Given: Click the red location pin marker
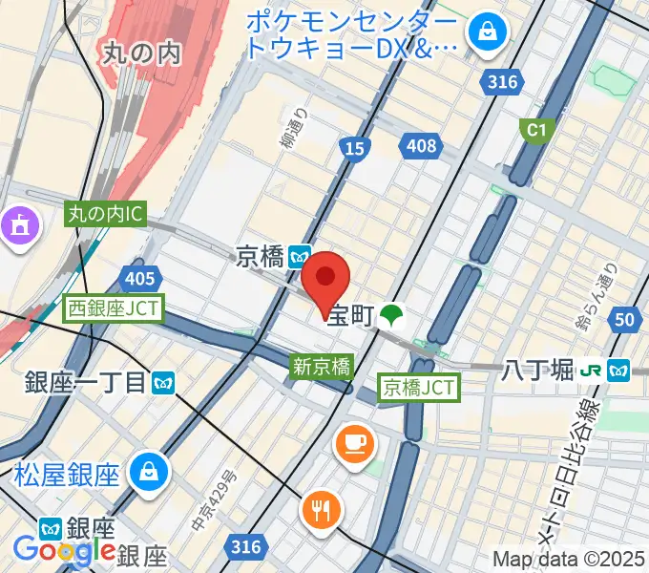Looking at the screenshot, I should point(325,278).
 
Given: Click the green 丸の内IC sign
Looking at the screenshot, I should point(105,215).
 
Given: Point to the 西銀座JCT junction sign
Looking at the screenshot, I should point(115,308).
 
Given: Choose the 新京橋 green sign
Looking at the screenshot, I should point(322,365).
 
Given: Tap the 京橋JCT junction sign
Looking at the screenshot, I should point(419,387).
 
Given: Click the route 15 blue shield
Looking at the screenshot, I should point(354,146).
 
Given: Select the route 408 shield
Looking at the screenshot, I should point(420,146).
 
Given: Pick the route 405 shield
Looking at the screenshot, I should point(139,278).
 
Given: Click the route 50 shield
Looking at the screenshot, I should point(625,320).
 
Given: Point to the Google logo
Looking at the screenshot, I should point(63,551).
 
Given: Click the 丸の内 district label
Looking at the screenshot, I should point(140,53).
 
